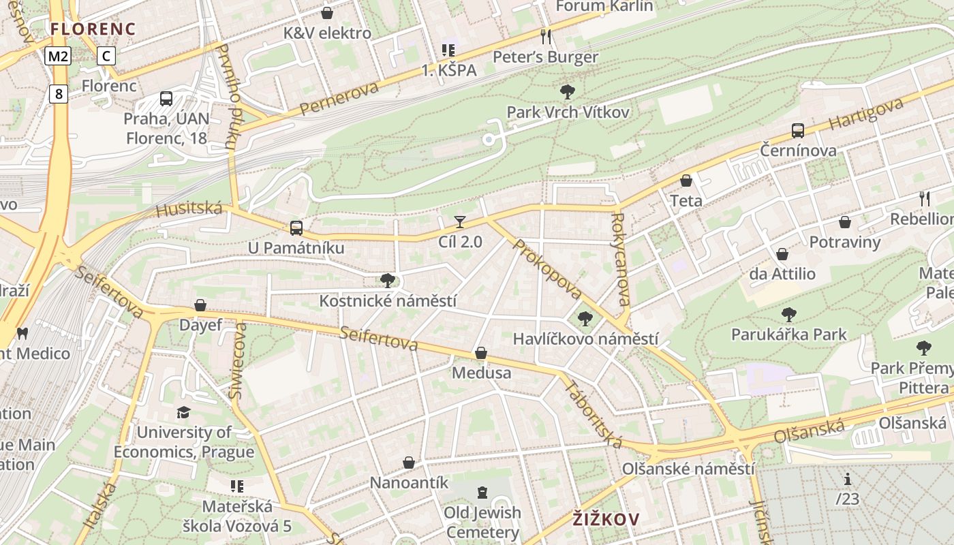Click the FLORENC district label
93,29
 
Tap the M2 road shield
58,56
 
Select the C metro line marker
106,56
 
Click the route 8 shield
59,93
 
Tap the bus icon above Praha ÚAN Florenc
166,99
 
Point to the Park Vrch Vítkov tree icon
567,92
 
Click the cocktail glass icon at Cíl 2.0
460,222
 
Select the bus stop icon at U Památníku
296,228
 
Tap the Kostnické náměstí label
388,300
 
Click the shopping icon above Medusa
481,353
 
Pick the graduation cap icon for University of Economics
183,412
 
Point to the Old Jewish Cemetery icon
482,493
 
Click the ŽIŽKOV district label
606,519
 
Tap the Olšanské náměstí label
688,469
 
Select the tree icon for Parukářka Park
788,315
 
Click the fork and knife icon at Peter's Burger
545,36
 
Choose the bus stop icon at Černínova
798,131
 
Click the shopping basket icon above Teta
686,181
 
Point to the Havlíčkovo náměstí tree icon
585,319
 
